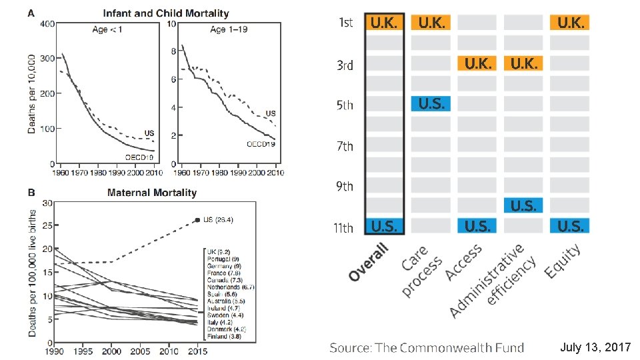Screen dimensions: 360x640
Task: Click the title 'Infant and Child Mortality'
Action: (165, 13)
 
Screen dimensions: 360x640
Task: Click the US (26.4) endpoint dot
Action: (197, 220)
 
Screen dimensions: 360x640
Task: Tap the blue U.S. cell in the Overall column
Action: (385, 226)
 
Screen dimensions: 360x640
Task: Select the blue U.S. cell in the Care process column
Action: (431, 103)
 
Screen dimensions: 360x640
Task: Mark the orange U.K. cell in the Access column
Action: (477, 63)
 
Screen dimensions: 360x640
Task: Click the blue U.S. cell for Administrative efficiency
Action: (523, 205)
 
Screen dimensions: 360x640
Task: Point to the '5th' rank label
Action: (344, 105)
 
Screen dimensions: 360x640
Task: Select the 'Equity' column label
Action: (563, 259)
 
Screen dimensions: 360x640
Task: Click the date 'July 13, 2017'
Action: (595, 347)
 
